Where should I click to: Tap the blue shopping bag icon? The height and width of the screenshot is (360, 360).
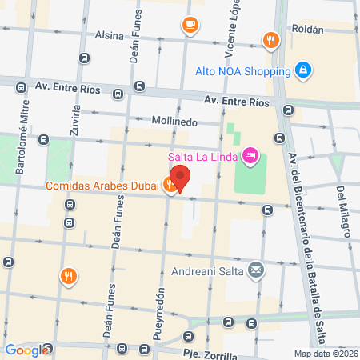302,71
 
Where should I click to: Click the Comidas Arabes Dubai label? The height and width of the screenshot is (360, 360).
102,186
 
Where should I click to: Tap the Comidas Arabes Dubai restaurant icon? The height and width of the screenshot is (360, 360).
170,186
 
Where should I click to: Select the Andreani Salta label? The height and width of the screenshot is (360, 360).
210,269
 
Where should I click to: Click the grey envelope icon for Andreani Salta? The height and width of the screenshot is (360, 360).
255,270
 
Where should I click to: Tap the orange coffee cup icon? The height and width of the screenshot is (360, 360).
190,25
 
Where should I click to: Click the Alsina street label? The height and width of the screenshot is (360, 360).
110,36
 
